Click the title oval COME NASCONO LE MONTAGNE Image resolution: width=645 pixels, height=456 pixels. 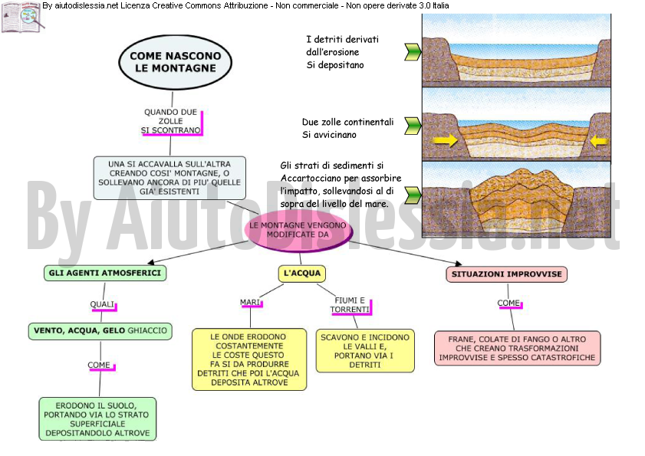(x=175, y=62)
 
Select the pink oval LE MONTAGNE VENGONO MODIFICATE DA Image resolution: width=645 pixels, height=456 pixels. (x=298, y=230)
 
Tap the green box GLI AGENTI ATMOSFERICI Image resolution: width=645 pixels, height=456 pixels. (x=105, y=273)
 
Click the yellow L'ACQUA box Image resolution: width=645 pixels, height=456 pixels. (x=302, y=274)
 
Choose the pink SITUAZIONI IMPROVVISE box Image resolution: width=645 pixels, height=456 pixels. (x=506, y=274)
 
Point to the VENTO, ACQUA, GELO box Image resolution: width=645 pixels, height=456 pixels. (x=100, y=331)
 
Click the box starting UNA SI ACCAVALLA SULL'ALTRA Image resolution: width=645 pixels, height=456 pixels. (x=169, y=178)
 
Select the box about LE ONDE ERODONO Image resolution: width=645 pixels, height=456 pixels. (x=249, y=359)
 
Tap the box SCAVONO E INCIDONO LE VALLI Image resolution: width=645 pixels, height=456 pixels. (x=365, y=351)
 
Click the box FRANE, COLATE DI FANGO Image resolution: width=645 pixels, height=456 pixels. (x=518, y=348)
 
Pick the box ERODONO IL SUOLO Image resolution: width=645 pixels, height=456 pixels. (x=97, y=419)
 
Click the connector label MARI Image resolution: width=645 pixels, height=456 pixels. (x=251, y=303)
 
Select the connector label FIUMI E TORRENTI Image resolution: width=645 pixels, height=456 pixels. (x=350, y=305)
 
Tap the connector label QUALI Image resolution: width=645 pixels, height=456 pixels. (x=103, y=304)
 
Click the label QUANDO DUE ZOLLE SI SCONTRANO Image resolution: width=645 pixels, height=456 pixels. (x=171, y=121)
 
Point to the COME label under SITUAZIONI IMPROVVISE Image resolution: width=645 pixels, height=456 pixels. (x=508, y=303)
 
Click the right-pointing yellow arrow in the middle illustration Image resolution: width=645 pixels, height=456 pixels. (x=446, y=140)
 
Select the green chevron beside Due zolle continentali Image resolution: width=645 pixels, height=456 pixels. (x=413, y=126)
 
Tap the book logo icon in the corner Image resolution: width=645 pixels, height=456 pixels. (x=22, y=16)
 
